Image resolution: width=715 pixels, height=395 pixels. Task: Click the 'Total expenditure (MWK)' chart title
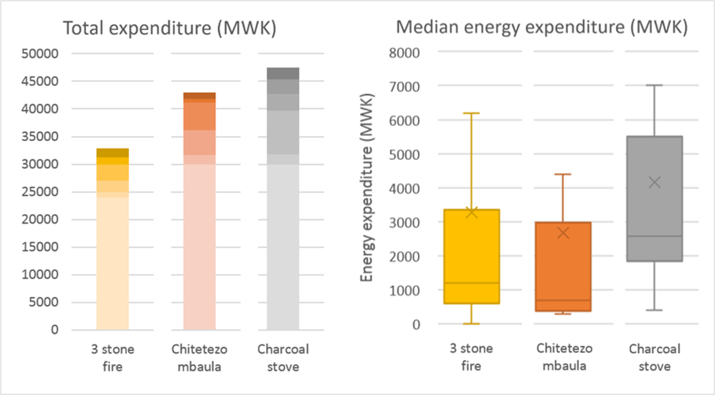point(169,29)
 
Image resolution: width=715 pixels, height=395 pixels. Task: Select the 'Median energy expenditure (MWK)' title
point(541,27)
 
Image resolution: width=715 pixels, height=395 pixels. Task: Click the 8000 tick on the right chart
point(403,53)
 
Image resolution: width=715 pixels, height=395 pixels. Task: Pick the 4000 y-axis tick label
point(403,189)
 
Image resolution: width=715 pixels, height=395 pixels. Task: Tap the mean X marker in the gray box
point(655,182)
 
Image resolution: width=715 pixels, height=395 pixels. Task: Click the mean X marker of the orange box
point(563,233)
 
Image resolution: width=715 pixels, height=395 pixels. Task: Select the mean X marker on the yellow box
point(472,212)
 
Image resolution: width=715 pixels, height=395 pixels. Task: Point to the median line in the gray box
point(655,236)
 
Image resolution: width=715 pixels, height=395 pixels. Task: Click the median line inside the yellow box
point(472,283)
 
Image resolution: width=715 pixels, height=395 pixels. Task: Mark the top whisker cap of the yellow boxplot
point(472,113)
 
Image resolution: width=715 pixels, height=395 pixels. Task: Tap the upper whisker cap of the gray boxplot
point(655,85)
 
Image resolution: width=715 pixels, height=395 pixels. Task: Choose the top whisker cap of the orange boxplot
point(563,174)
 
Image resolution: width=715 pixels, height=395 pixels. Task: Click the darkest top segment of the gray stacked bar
point(283,73)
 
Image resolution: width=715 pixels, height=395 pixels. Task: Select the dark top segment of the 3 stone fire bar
point(112,152)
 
